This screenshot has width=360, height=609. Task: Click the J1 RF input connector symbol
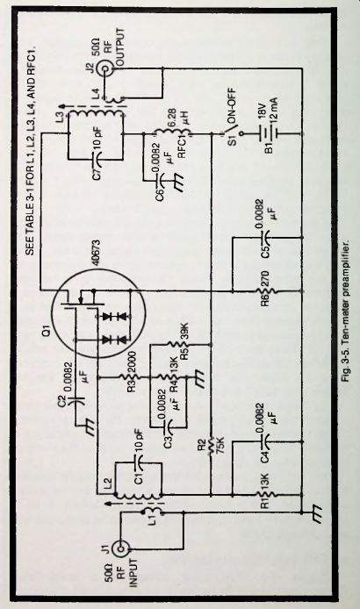(x=121, y=548)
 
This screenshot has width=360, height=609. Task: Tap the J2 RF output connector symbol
(x=105, y=69)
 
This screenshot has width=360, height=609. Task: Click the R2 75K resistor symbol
(x=211, y=446)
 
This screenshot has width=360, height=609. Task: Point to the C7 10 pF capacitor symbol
(x=95, y=160)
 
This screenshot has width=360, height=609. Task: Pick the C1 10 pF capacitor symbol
(x=138, y=462)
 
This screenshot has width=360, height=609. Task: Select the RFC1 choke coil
(x=173, y=133)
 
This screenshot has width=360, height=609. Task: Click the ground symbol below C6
(x=179, y=183)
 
